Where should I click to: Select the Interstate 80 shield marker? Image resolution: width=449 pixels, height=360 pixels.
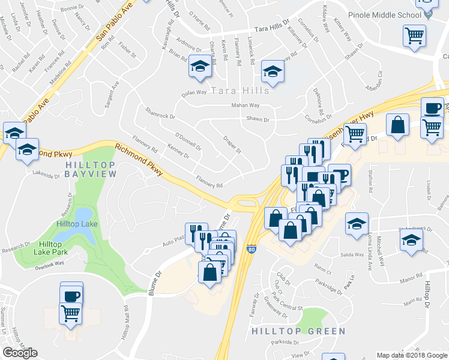click(x=251, y=247)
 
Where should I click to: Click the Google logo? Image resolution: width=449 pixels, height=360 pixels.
click(x=20, y=353)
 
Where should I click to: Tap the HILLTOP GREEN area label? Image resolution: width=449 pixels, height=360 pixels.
click(x=307, y=331)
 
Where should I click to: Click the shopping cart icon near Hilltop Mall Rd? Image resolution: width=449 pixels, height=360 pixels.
click(x=71, y=313)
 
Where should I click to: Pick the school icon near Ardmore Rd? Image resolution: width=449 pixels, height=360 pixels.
click(x=200, y=67)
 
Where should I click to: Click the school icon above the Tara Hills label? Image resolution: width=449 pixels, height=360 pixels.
click(x=273, y=72)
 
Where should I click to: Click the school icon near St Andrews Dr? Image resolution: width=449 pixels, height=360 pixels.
click(x=411, y=241)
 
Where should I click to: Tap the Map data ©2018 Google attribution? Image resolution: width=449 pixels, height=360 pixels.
click(x=412, y=355)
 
